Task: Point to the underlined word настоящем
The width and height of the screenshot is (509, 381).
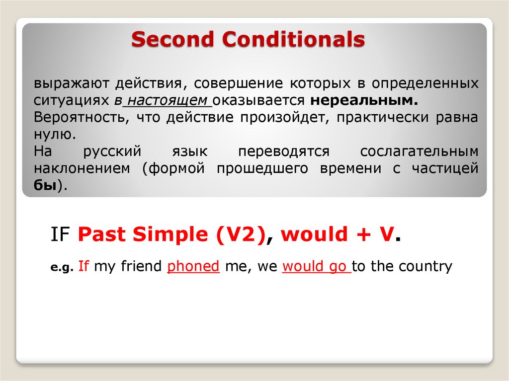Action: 168,100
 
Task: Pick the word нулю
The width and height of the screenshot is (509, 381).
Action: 54,134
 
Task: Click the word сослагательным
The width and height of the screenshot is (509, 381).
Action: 419,152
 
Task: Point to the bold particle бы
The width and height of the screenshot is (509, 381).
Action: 45,186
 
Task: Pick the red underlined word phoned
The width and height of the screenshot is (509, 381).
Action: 193,266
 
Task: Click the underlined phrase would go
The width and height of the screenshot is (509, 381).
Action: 315,266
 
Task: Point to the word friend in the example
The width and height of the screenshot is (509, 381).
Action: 141,266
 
